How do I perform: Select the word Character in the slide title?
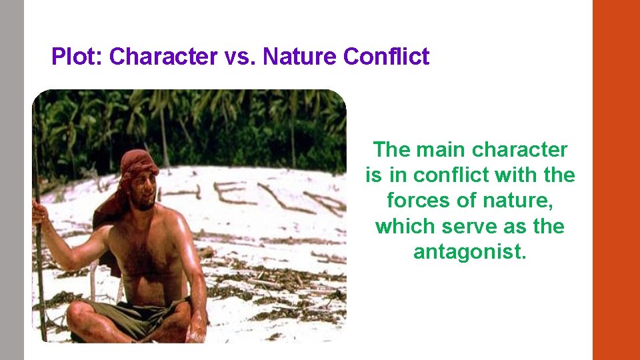coord(163,57)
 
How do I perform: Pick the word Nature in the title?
coord(300,57)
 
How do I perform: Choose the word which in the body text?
coord(401,227)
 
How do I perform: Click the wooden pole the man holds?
coord(39,280)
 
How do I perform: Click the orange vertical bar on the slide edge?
coord(616,180)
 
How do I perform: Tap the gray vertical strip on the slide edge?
coord(11,180)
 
